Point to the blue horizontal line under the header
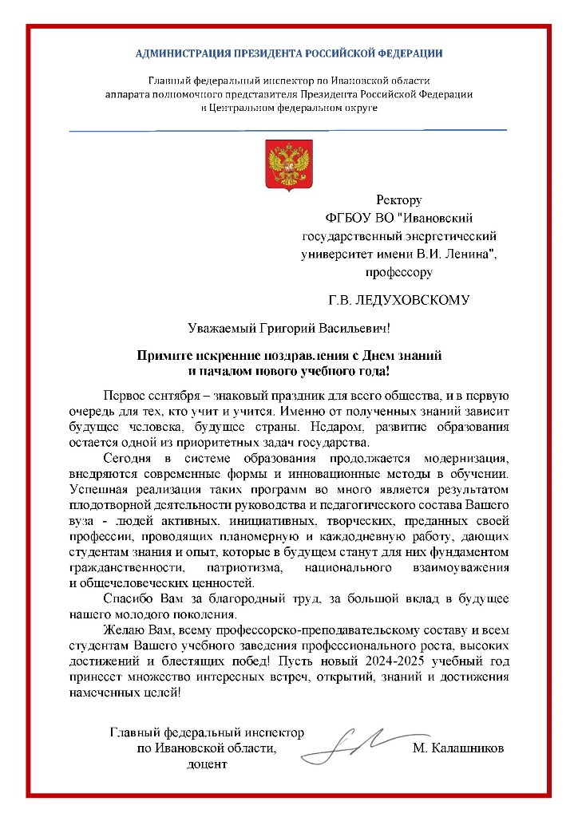tap(287, 129)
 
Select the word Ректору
tap(398, 200)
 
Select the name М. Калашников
tap(459, 748)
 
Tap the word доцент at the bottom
tap(208, 765)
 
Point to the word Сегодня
tap(129, 457)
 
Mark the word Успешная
tap(97, 489)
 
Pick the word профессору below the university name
tap(399, 272)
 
